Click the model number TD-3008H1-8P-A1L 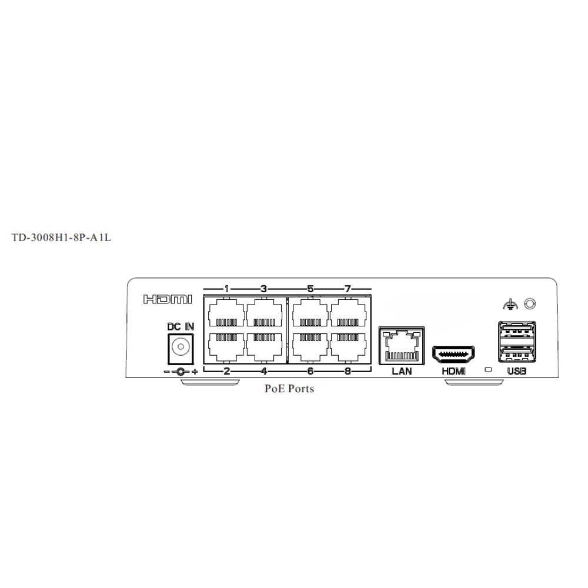(61, 239)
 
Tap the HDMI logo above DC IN (168, 300)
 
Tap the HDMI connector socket (454, 354)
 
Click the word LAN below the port (402, 371)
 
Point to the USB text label (516, 371)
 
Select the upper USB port (516, 330)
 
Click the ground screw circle (530, 303)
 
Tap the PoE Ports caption (289, 389)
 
